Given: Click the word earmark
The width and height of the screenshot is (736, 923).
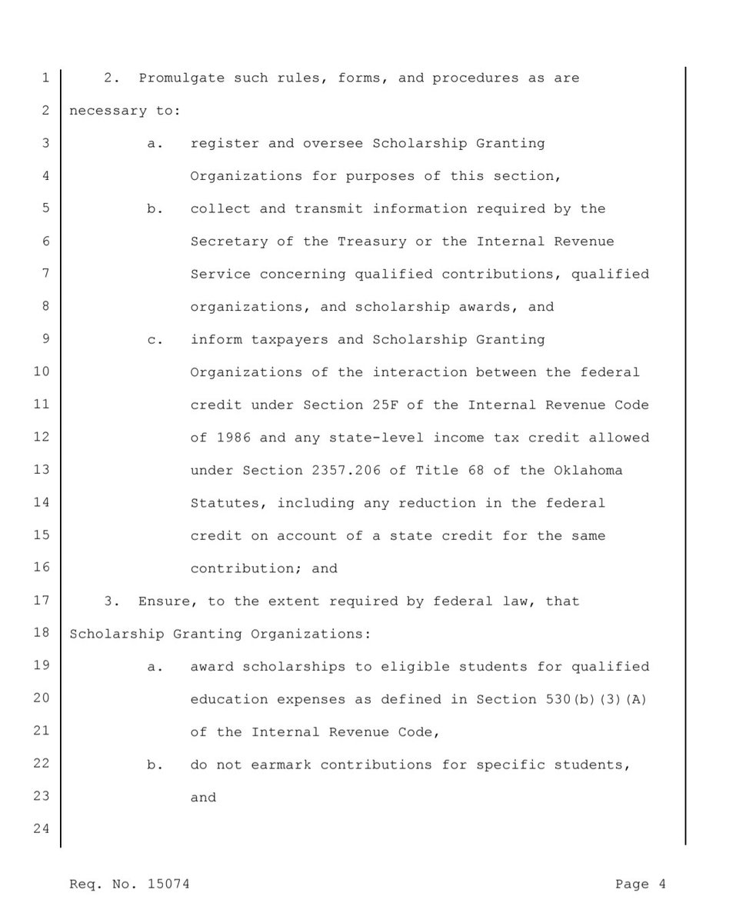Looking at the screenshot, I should (351, 765).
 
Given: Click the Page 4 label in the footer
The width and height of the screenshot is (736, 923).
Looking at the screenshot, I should (641, 885).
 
